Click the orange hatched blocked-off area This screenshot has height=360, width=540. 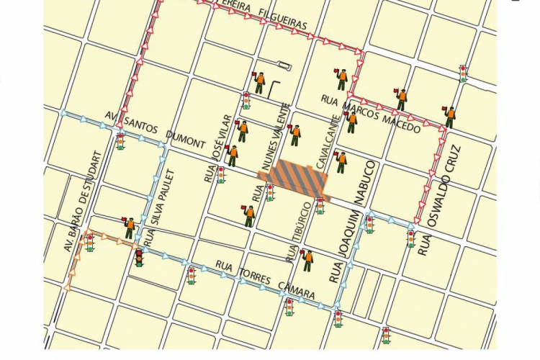(x=294, y=178)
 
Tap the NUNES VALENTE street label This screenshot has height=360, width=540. (x=275, y=137)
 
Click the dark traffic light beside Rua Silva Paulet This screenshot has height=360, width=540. (x=139, y=257)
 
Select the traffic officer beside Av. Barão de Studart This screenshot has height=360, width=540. (x=129, y=228)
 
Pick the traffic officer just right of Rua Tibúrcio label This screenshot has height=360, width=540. (x=307, y=259)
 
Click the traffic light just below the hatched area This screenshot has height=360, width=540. (x=320, y=206)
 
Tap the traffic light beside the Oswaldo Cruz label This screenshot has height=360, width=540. (x=411, y=238)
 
